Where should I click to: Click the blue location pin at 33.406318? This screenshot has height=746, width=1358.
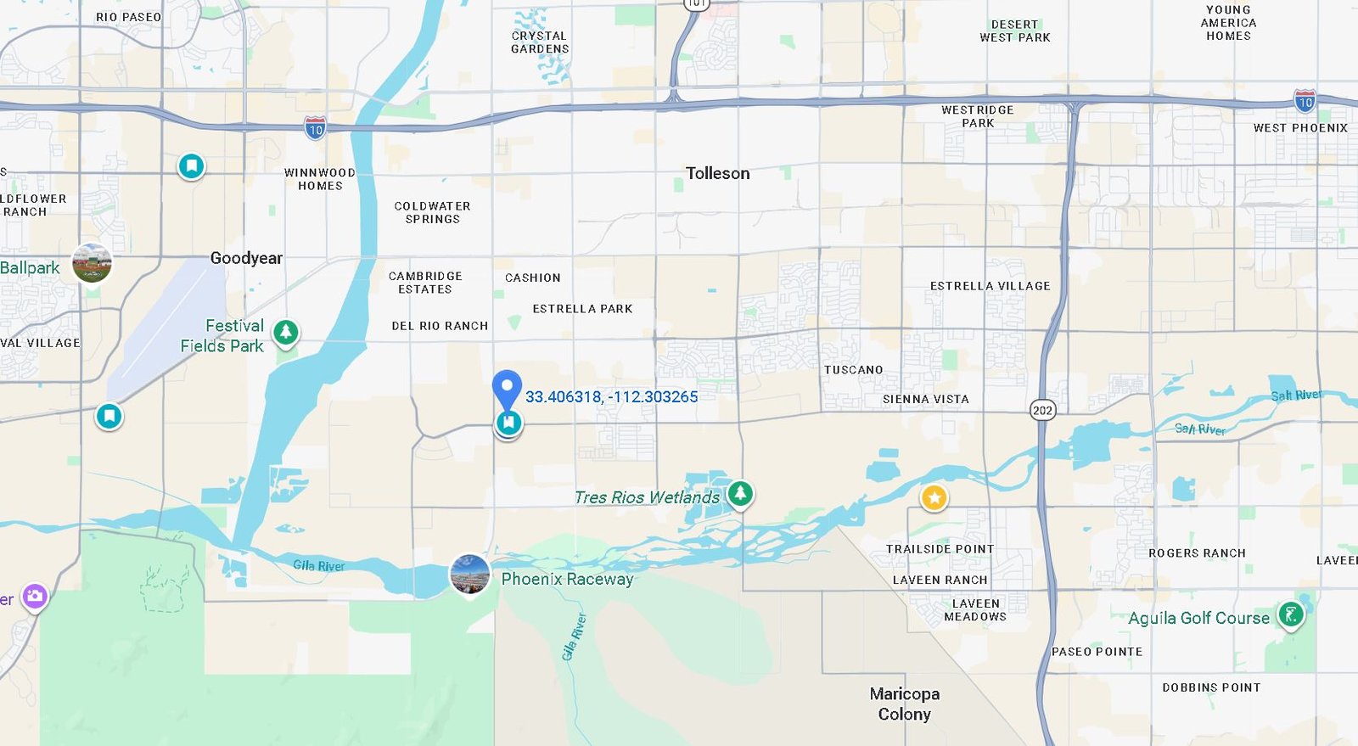[507, 389]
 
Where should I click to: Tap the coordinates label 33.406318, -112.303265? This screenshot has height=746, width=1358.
[611, 396]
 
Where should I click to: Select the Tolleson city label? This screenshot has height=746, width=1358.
[717, 173]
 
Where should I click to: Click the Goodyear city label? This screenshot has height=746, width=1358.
[246, 258]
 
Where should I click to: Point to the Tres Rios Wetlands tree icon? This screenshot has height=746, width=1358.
[740, 493]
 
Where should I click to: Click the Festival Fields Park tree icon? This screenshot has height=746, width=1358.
[286, 332]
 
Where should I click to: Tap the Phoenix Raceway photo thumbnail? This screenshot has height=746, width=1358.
[469, 575]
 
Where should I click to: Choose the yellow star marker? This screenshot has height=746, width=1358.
[934, 497]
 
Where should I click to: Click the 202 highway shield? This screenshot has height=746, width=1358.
[1042, 411]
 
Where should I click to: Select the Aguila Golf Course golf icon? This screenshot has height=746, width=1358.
[1290, 614]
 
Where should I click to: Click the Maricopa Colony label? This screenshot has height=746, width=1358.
[904, 704]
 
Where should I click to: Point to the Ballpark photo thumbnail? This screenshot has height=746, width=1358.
[92, 264]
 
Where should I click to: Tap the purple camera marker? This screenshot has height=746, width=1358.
[35, 597]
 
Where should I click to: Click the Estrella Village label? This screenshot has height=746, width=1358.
[990, 286]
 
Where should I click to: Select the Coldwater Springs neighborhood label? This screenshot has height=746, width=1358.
[432, 212]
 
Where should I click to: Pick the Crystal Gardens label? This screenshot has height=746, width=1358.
[539, 42]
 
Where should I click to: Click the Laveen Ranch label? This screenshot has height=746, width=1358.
[940, 580]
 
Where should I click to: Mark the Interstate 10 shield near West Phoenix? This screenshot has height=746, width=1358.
[1305, 102]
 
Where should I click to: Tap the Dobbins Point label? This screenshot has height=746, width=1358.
[1211, 687]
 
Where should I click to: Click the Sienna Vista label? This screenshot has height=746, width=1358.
[925, 399]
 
